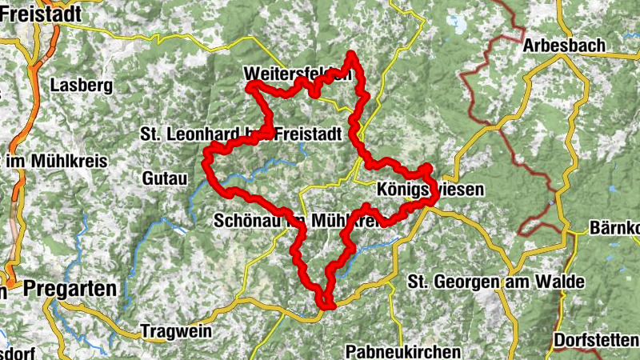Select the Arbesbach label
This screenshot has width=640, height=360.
tap(563, 46)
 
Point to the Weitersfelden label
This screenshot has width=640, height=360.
tap(298, 74)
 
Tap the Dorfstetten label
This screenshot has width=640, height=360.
tap(596, 338)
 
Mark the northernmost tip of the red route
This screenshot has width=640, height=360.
tap(350, 54)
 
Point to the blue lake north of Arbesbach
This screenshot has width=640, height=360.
tap(459, 23)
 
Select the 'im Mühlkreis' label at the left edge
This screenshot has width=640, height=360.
tap(56, 161)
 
